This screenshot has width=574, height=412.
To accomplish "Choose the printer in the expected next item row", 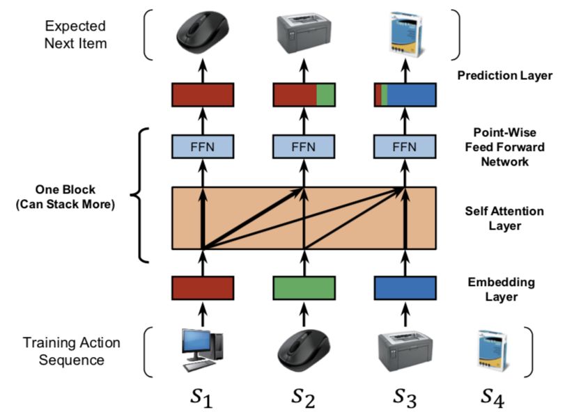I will tap(304, 33).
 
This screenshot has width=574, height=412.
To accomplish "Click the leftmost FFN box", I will tap(203, 147).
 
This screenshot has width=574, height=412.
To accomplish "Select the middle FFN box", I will tap(304, 147).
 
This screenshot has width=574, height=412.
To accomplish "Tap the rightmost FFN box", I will tap(405, 147).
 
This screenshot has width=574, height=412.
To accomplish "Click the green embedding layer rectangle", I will tap(304, 287).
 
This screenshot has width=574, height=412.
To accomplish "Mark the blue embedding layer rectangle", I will tap(405, 287).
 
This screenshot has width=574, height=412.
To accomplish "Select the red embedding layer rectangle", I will tap(203, 287).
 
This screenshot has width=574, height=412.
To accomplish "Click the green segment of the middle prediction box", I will tap(326, 95).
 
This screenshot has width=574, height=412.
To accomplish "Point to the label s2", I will tap(304, 397).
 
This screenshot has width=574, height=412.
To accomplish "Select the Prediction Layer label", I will tap(505, 74).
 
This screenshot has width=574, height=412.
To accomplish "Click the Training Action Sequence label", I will tap(72, 351).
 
